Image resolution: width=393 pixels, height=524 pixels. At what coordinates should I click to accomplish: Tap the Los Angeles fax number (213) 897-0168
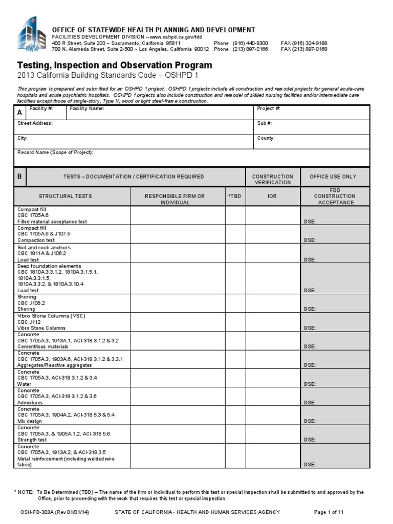pos(304,50)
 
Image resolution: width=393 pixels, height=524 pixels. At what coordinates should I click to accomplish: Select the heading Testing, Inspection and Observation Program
pos(115,65)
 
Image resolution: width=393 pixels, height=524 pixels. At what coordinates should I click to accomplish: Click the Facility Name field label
pos(87,109)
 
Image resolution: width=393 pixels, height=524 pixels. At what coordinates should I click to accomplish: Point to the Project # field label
pos(268,109)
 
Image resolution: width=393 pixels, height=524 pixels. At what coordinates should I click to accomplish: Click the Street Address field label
pos(35,123)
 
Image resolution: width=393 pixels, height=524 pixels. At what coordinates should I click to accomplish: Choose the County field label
pos(266,138)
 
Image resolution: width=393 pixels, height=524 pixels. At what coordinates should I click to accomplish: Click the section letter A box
pos(19,113)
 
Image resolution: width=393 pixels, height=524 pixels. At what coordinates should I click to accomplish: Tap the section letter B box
pos(19,177)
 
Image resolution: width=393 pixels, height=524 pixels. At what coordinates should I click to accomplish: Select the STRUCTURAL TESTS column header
pos(65,196)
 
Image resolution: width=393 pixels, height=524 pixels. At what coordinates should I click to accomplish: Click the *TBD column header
pos(235,196)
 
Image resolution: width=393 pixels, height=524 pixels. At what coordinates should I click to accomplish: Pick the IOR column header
pos(272,196)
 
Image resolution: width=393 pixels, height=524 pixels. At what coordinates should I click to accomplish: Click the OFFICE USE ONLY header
pos(335,177)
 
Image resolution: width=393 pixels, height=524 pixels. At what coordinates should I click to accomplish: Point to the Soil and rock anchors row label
pos(44,248)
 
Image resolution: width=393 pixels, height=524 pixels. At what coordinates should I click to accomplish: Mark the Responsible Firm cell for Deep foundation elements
pos(178,278)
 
